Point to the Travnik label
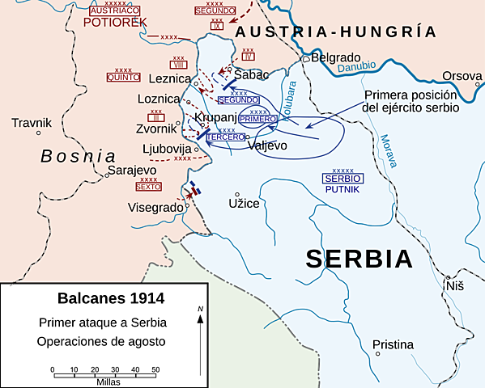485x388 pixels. (32, 123)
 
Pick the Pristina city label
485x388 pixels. (393, 345)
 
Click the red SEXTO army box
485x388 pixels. (148, 187)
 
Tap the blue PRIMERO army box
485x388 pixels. (259, 119)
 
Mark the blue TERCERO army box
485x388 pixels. (226, 137)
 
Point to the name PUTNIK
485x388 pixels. (342, 188)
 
